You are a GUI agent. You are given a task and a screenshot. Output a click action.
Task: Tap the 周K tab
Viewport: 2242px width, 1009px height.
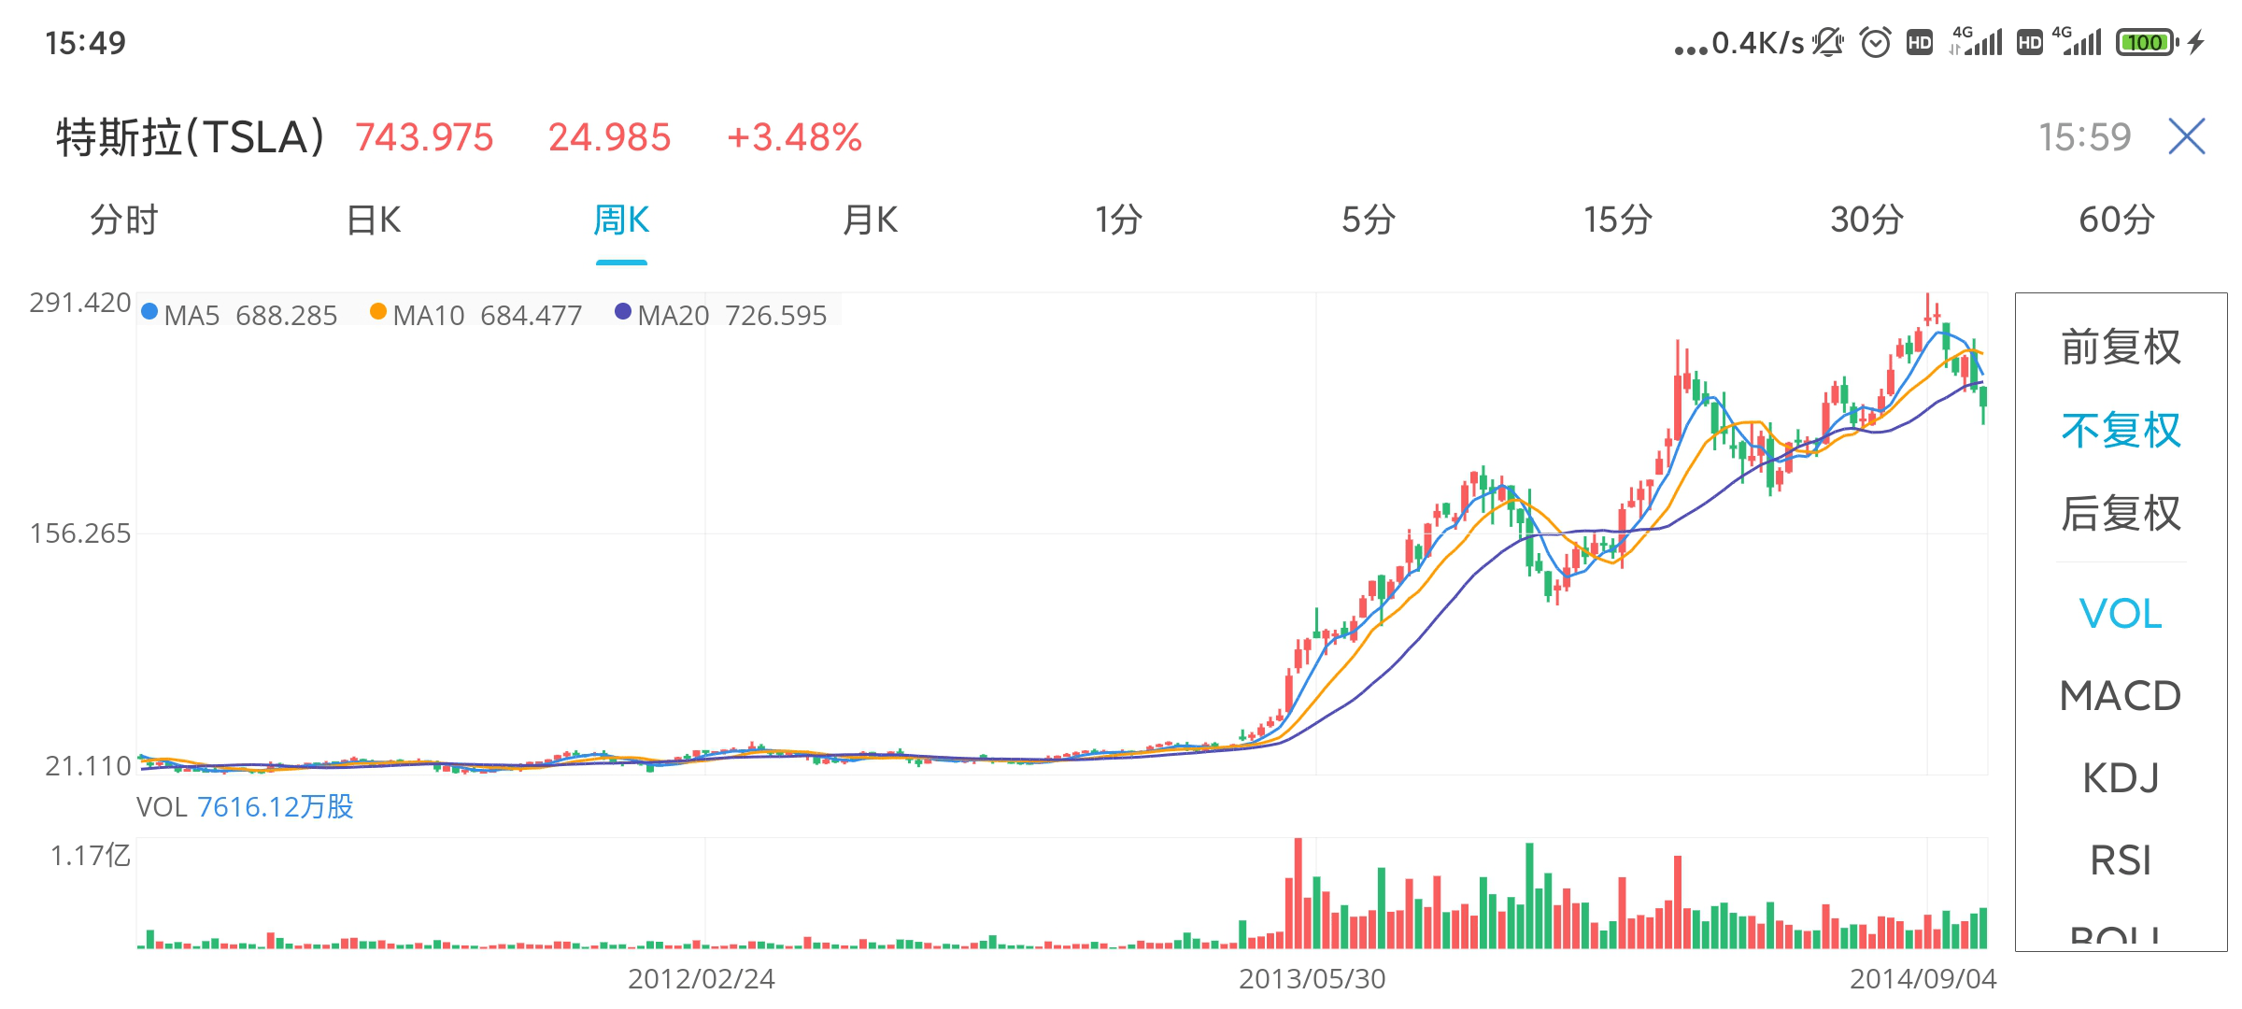tap(621, 220)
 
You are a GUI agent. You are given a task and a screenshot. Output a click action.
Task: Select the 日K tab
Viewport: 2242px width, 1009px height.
tap(374, 220)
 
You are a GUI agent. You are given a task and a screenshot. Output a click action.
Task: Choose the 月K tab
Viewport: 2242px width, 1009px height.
tap(870, 220)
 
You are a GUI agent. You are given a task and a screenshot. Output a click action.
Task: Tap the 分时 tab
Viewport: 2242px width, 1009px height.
tap(124, 220)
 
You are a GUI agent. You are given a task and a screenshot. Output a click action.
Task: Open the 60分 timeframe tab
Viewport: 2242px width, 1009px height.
tap(2116, 220)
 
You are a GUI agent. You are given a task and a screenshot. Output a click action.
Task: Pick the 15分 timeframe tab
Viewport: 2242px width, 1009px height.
tap(1617, 220)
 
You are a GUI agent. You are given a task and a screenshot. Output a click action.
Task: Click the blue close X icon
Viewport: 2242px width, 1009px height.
tap(2187, 136)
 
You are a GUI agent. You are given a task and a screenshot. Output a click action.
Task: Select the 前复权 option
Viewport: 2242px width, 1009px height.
tap(2121, 348)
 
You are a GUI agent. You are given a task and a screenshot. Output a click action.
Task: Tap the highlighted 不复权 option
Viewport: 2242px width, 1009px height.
tap(2121, 431)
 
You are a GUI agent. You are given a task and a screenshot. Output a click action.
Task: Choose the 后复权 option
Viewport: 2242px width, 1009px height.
tap(2121, 514)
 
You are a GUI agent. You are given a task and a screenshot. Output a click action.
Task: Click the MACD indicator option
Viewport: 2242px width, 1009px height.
tap(2121, 696)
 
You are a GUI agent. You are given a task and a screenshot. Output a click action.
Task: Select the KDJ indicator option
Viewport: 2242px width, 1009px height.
tap(2121, 778)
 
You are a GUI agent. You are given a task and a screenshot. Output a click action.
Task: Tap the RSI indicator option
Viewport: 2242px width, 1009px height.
tap(2121, 860)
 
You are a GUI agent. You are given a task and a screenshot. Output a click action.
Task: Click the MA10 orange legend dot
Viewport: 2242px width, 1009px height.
tap(378, 312)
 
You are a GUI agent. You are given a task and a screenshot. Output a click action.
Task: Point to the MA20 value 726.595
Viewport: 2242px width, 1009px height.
tap(775, 316)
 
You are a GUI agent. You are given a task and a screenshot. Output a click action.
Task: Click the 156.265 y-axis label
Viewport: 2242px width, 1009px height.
tap(80, 533)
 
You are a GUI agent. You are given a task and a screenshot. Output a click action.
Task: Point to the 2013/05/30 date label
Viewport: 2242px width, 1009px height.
tap(1312, 978)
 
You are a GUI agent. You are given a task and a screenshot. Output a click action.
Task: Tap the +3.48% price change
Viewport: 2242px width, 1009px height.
tap(794, 137)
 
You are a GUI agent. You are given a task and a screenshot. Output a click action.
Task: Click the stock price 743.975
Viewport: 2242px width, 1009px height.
tap(424, 137)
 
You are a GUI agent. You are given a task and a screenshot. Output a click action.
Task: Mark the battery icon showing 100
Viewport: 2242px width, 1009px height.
tap(2147, 42)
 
